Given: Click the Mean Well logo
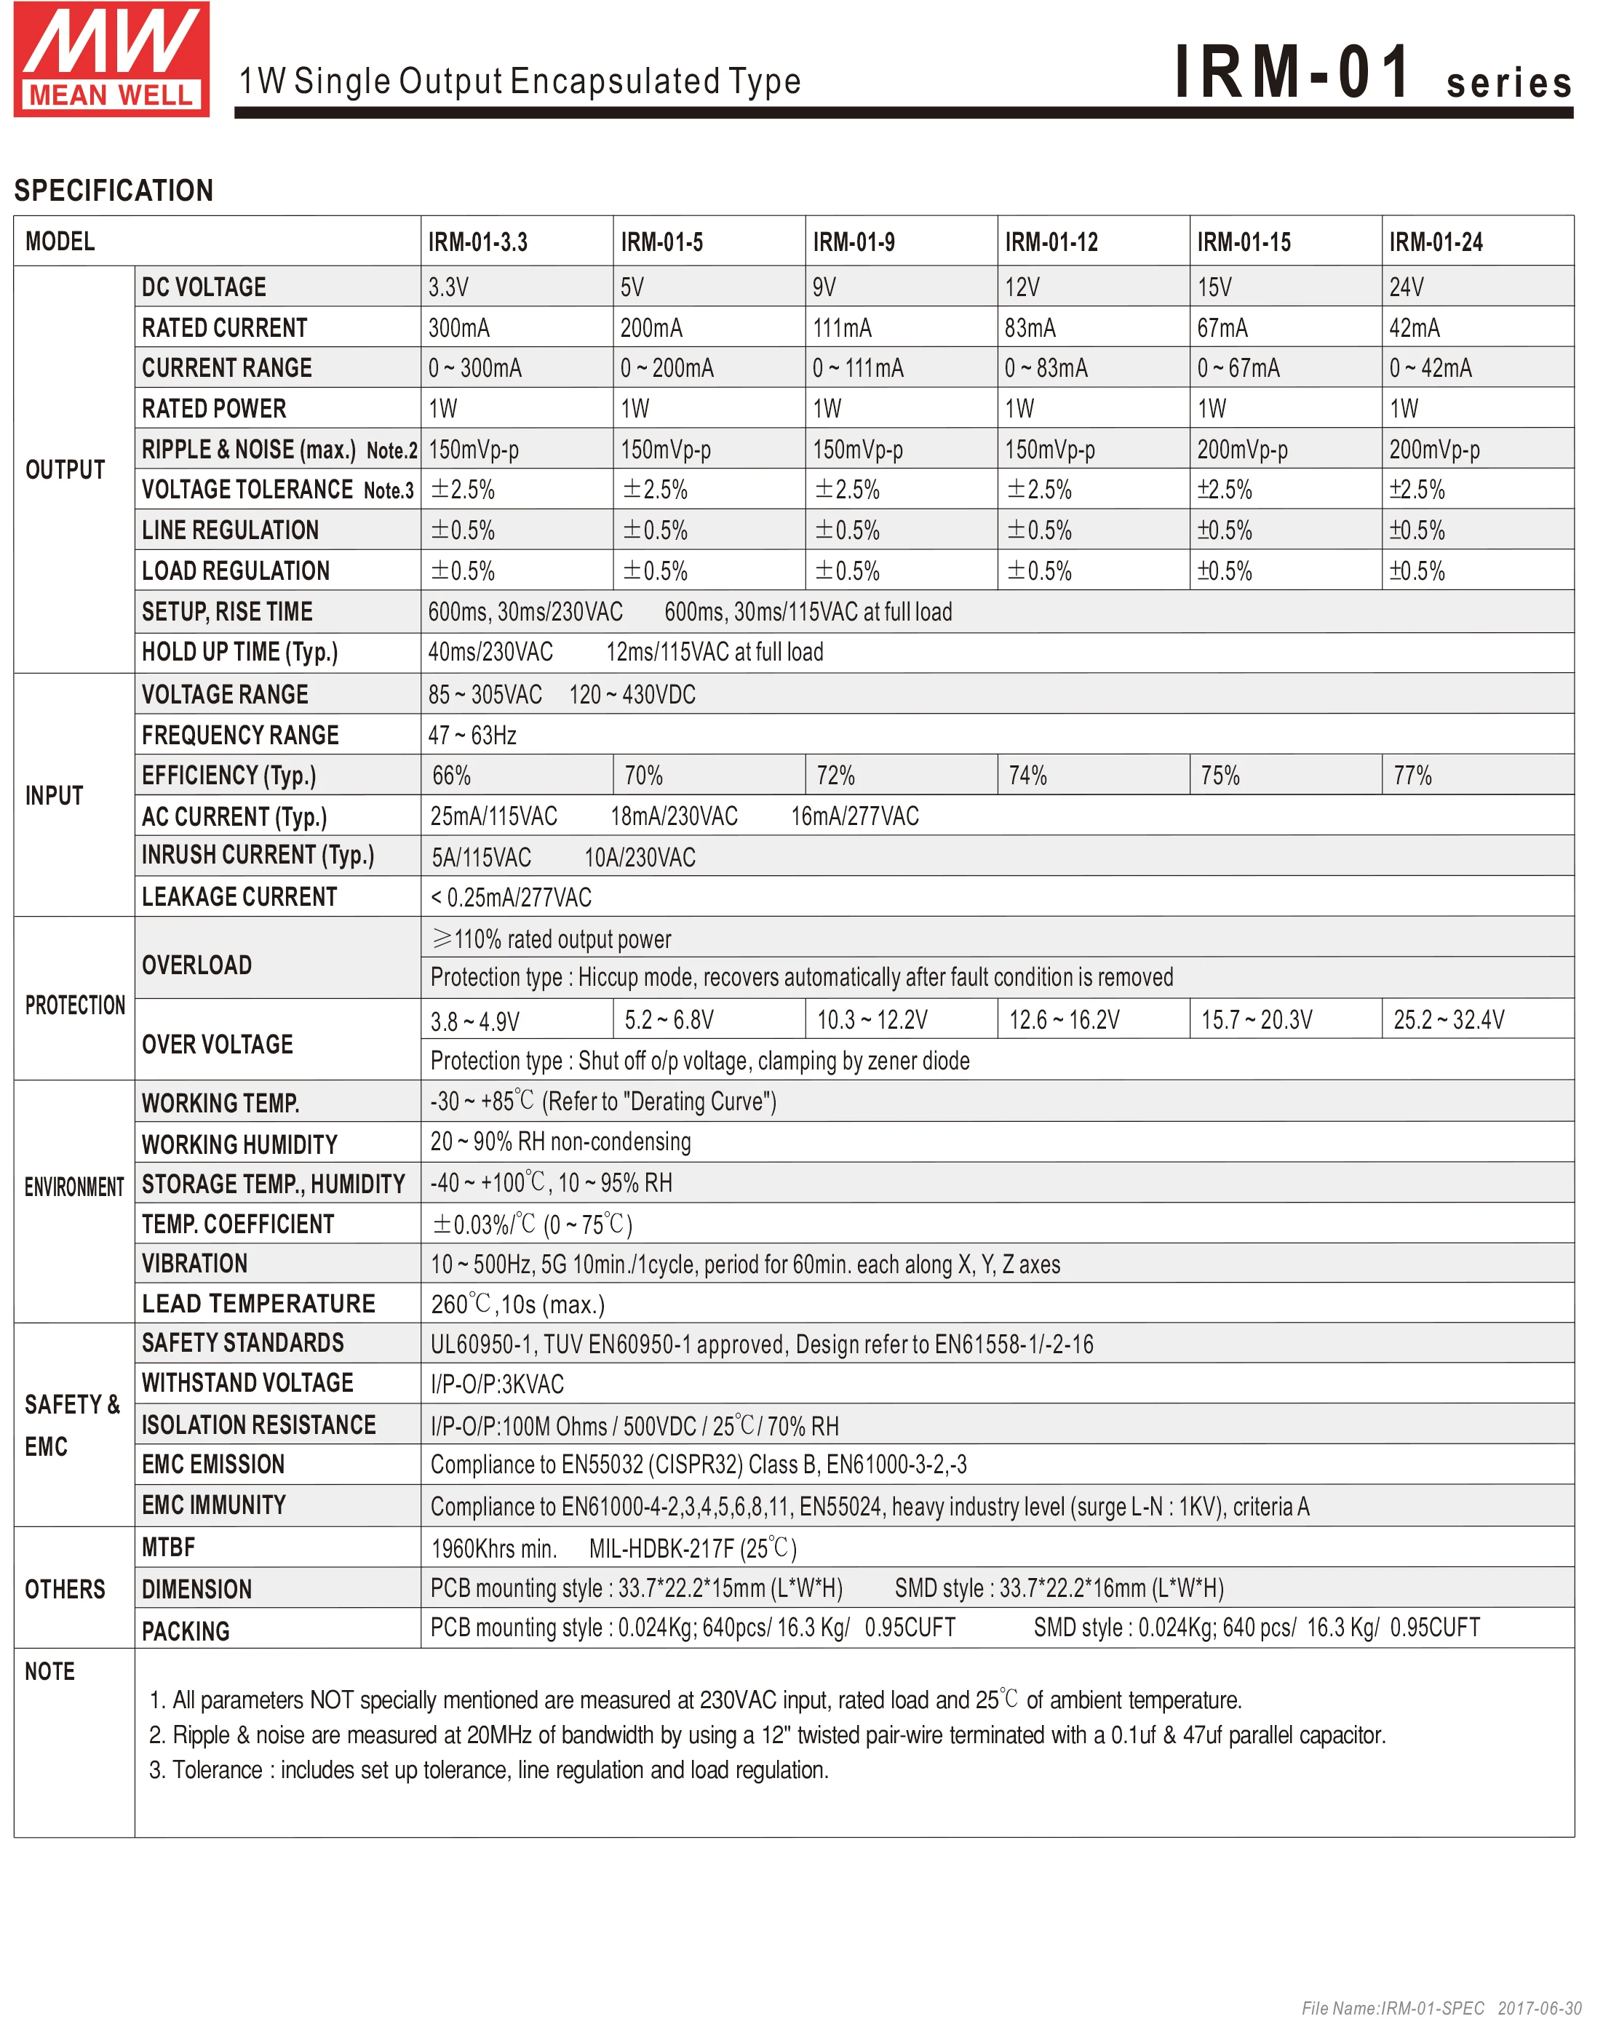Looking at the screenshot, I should click(x=111, y=59).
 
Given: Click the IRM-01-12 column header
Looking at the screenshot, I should click(x=1051, y=242).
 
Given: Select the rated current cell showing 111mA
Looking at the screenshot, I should click(x=842, y=327).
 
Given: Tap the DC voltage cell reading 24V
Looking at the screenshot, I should click(x=1406, y=287).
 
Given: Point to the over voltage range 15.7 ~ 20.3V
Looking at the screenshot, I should click(x=1257, y=1020).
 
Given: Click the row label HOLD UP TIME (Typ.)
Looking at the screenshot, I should click(x=239, y=652).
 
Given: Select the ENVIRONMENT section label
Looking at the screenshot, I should click(x=74, y=1187).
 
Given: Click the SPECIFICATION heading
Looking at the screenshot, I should click(x=114, y=191).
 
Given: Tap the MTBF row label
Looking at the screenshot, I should click(x=169, y=1547).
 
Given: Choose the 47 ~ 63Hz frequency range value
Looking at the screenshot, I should click(x=472, y=736).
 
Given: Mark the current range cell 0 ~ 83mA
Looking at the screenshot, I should click(x=1046, y=368).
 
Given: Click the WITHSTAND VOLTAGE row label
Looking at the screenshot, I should click(x=248, y=1383).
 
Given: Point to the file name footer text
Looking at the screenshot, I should click(x=1441, y=2008).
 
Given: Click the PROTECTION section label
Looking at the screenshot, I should click(x=75, y=1005).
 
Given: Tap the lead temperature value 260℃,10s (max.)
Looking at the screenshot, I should click(x=517, y=1304).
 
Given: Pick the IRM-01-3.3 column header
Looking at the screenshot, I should click(x=478, y=242).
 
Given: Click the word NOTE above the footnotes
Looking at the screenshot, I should click(x=49, y=1671).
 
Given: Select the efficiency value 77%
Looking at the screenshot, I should click(x=1412, y=776).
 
